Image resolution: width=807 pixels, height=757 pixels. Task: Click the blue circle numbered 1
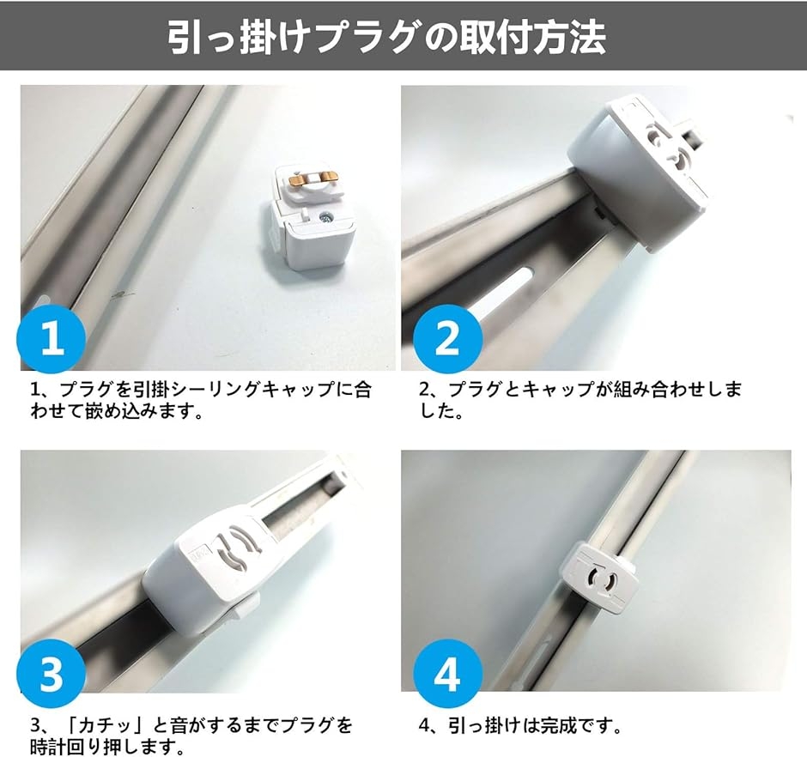coord(52,338)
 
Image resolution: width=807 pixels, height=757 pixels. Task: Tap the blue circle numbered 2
coord(447,338)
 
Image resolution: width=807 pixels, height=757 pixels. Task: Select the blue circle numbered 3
coord(52,673)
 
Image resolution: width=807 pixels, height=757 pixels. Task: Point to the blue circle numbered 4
coord(447,673)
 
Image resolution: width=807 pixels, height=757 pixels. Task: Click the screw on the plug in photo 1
coord(325,217)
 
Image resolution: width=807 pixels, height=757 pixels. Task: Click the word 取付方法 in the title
coord(532,38)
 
